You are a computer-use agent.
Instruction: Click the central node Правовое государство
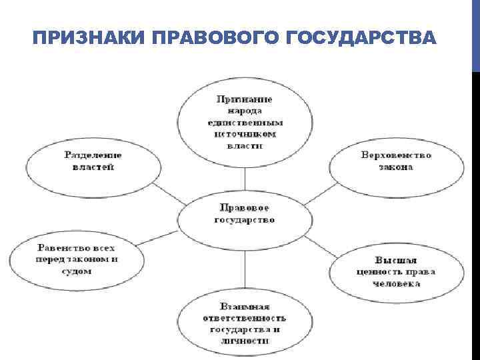(245, 213)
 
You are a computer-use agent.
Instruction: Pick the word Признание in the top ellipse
(244, 99)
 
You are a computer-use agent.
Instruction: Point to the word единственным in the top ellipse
(245, 123)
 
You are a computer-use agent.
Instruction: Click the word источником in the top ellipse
(244, 133)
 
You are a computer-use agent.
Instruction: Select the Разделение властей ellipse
(93, 161)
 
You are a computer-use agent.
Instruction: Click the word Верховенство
(396, 155)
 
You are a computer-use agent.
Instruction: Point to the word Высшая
(395, 259)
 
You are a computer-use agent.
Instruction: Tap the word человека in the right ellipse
(397, 283)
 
